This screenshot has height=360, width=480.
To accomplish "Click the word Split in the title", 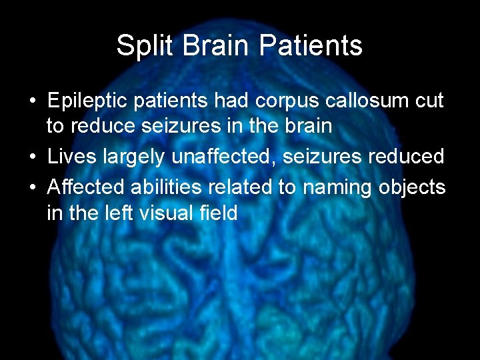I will [x=137, y=45].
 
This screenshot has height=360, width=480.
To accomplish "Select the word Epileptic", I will [x=90, y=101].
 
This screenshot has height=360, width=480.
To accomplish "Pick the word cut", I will [x=429, y=101].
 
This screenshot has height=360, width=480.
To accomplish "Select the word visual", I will [x=170, y=213].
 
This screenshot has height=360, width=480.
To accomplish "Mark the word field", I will [x=221, y=213].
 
